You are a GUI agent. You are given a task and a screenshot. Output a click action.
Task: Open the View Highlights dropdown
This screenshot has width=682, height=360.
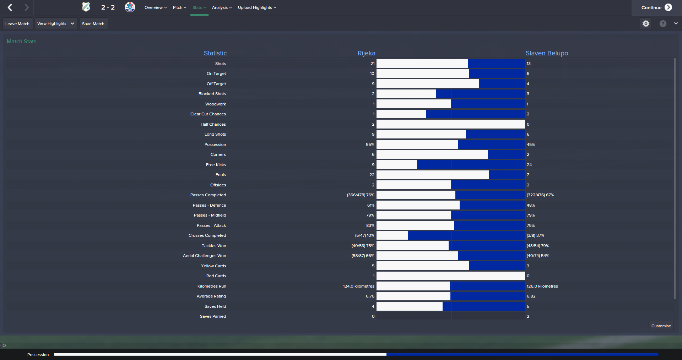point(56,23)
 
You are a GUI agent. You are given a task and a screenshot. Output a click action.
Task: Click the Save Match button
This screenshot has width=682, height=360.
point(93,24)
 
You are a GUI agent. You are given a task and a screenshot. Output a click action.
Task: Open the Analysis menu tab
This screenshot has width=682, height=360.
point(222,7)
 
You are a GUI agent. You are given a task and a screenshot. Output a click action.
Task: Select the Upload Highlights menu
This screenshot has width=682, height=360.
point(257,7)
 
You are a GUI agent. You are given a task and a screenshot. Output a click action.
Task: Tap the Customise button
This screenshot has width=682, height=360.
point(661,326)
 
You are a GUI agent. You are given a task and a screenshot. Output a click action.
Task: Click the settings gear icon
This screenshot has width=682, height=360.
point(646,23)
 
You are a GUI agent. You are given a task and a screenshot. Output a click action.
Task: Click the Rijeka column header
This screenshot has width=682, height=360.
point(366,53)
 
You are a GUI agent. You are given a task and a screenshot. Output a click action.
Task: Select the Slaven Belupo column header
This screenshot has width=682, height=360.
point(547,53)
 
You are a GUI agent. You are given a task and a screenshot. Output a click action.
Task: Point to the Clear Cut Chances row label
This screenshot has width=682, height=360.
point(208,114)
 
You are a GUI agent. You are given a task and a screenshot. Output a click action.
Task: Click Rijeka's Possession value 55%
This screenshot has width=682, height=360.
point(370,144)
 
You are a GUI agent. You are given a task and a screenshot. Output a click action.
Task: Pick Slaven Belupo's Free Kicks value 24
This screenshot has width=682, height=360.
point(529,165)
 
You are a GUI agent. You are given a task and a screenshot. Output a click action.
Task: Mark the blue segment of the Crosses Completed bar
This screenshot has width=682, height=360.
point(466,235)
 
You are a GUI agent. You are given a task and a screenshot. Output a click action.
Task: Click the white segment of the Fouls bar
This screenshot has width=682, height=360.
point(433,175)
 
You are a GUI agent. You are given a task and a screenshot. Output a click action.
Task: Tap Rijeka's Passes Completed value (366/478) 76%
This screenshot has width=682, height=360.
point(360,195)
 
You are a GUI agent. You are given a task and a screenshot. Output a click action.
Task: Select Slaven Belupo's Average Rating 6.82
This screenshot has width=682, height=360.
point(531,296)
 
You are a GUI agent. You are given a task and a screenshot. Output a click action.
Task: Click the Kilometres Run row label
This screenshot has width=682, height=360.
point(212,286)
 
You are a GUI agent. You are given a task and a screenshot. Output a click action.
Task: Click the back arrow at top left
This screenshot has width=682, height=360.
point(10,7)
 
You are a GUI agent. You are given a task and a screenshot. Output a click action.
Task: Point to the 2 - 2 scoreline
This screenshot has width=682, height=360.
point(108,7)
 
